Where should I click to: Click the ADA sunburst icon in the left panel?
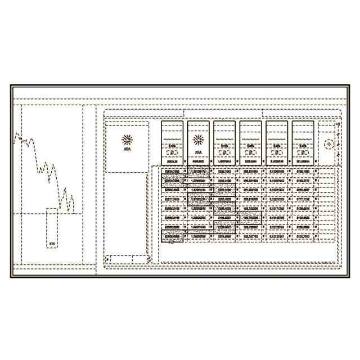127,139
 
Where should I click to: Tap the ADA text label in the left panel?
127,151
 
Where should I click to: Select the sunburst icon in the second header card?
198,139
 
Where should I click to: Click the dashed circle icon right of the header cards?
330,144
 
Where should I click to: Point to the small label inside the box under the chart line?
52,244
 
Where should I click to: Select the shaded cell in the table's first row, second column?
198,171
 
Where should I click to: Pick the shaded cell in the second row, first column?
172,181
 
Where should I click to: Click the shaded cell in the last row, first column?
172,237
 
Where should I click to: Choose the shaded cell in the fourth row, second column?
198,199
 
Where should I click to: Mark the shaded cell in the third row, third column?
224,190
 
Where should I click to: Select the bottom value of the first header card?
172,161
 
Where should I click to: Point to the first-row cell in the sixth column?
303,171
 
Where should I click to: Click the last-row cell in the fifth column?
277,237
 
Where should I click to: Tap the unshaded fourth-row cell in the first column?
172,199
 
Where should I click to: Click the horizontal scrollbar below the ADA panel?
127,258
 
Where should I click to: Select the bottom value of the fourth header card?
250,161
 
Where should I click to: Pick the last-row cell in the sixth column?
303,237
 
